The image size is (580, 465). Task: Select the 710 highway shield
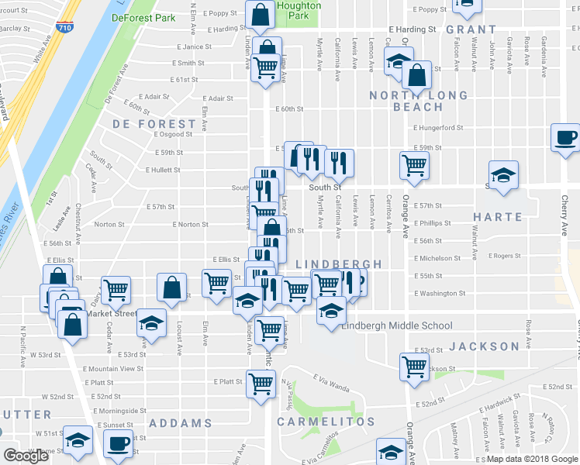pos(65,27)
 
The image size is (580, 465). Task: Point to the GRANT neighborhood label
pos(471,29)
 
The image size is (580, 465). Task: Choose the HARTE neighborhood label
pos(497,217)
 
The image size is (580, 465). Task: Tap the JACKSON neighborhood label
pos(484,346)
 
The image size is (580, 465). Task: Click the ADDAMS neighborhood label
pos(180,423)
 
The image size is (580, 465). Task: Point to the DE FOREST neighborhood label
pos(154,124)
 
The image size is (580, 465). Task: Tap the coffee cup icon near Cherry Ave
pos(564,138)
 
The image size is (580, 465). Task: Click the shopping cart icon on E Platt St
pos(261,382)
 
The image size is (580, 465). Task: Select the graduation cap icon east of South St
pos(503,174)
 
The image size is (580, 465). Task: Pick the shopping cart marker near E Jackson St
pos(414,366)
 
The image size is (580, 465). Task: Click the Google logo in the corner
pos(25,456)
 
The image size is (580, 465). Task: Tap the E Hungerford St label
pos(438,128)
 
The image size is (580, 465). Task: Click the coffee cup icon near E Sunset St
pos(118,444)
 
